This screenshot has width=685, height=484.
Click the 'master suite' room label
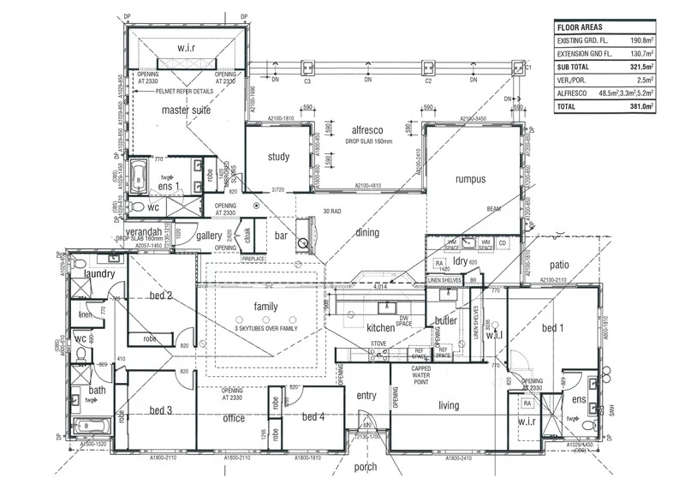tap(187, 111)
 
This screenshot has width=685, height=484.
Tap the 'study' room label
tap(278, 157)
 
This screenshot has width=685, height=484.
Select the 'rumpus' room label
tap(470, 179)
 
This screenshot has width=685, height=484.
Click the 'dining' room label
tap(367, 232)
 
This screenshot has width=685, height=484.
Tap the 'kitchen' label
tap(380, 327)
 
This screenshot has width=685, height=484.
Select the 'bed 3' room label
tap(161, 410)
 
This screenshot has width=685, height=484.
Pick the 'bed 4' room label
tap(313, 417)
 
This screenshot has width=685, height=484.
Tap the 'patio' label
tap(560, 266)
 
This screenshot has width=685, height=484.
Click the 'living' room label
tap(448, 405)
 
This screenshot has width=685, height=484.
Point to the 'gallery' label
tap(209, 236)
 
